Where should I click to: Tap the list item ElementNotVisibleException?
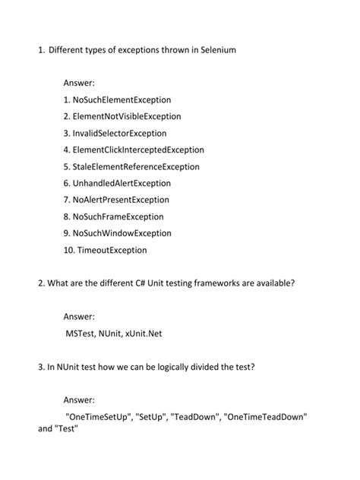128,116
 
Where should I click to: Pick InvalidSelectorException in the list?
126,133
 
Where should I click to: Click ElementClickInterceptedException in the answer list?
139,150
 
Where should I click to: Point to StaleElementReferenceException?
137,166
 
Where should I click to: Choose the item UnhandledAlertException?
128,183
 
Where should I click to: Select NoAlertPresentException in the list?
126,200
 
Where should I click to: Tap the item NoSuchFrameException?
124,216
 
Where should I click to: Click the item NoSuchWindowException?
128,233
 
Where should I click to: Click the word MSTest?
81,333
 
